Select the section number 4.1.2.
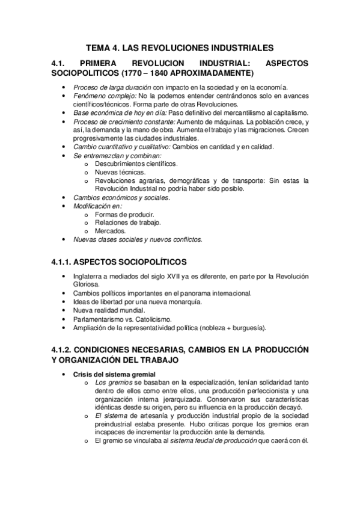[63, 350]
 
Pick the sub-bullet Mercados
[111, 230]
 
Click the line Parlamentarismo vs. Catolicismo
[122, 319]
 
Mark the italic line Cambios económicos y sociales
[121, 197]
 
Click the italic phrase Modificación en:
[97, 206]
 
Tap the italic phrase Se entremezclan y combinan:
[113, 155]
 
